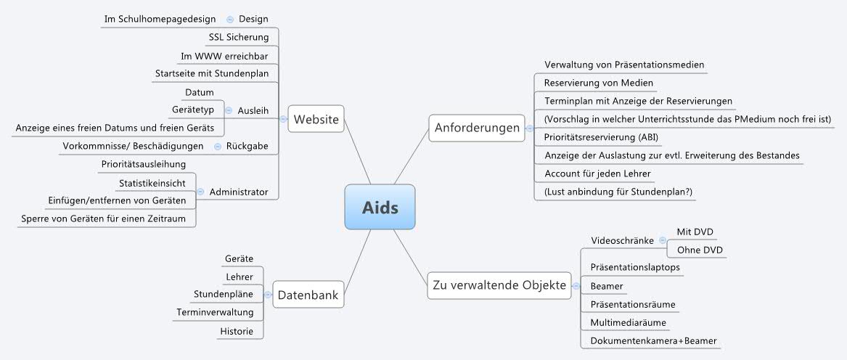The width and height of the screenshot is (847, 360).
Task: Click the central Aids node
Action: coord(380,208)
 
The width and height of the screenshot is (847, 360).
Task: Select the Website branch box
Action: coord(316,119)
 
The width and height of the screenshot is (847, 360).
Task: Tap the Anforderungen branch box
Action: coord(477,128)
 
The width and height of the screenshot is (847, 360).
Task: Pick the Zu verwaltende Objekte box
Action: coord(499,285)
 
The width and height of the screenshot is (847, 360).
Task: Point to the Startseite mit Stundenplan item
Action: coord(213,73)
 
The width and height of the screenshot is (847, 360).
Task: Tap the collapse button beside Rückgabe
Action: coord(218,147)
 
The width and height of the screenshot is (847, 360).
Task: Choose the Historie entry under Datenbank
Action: coord(237,332)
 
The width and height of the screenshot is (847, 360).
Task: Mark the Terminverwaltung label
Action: coord(215,313)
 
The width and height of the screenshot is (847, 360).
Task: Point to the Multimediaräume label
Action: coord(629,323)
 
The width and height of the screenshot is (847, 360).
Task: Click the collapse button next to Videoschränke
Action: coord(661,240)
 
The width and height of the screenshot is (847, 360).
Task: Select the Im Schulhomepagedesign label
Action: coord(160,19)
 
